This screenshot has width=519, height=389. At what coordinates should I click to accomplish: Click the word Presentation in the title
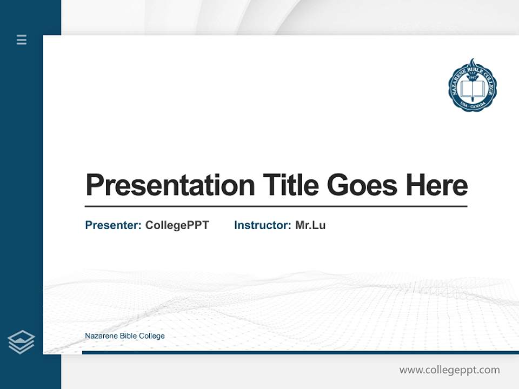pyautogui.click(x=170, y=185)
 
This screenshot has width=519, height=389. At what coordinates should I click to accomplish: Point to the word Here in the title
pyautogui.click(x=437, y=185)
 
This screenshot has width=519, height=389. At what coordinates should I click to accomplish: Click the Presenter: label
pyautogui.click(x=113, y=225)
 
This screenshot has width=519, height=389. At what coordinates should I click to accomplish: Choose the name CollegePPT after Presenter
pyautogui.click(x=177, y=225)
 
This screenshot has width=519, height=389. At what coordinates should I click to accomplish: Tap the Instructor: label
pyautogui.click(x=262, y=225)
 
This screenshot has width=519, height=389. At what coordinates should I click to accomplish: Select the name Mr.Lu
pyautogui.click(x=310, y=225)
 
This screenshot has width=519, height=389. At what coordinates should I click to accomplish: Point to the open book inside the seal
pyautogui.click(x=473, y=90)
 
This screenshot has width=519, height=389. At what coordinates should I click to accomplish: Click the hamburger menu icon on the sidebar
pyautogui.click(x=22, y=39)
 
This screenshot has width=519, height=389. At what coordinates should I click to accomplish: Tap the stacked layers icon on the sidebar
pyautogui.click(x=21, y=342)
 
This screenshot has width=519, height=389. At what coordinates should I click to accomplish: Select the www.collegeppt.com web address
pyautogui.click(x=449, y=370)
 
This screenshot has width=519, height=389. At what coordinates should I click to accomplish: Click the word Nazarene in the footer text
pyautogui.click(x=99, y=336)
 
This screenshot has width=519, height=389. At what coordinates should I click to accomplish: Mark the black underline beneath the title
pyautogui.click(x=276, y=206)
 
